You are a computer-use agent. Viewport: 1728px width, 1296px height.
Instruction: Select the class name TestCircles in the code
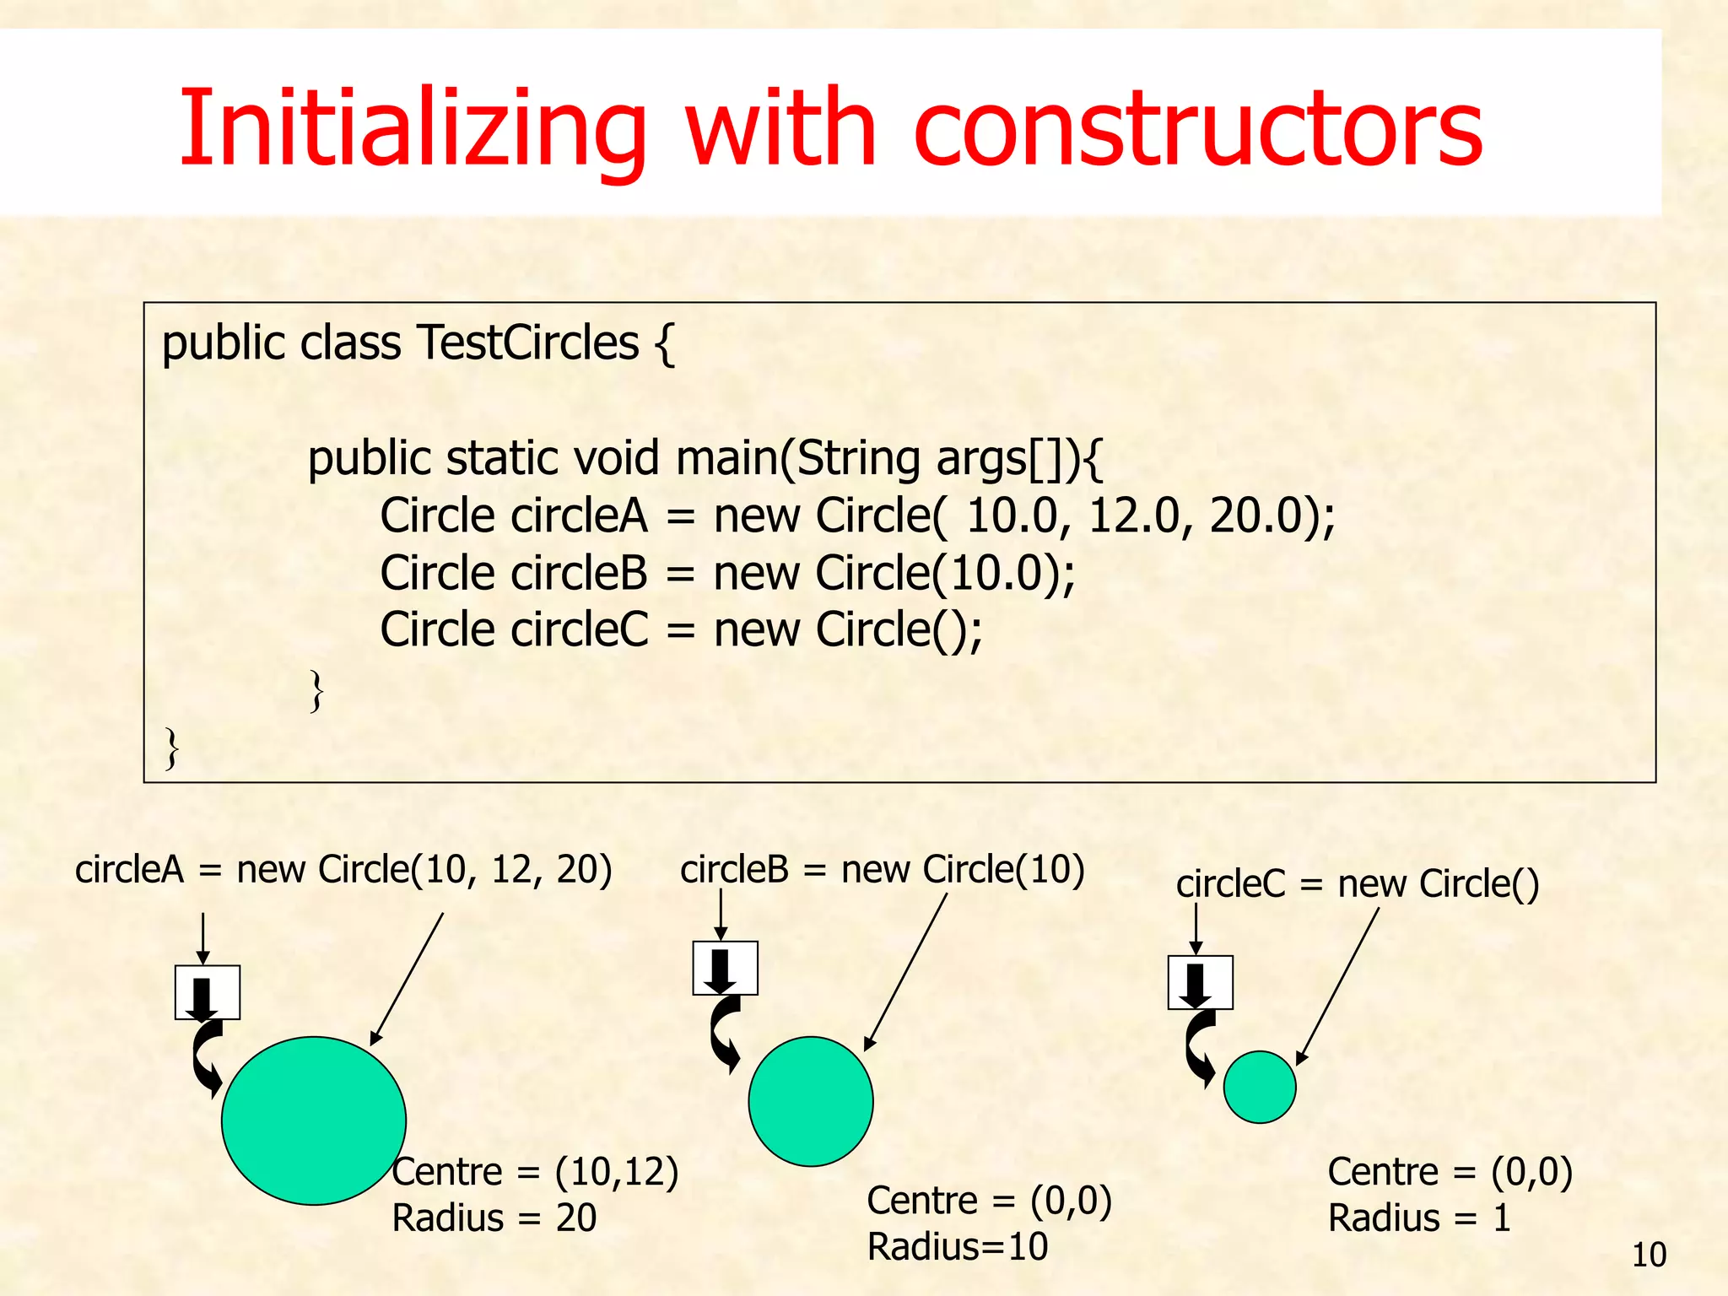click(527, 343)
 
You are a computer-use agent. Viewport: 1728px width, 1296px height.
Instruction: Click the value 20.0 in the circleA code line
click(1262, 516)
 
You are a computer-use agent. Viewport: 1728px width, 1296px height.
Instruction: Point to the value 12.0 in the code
click(1133, 516)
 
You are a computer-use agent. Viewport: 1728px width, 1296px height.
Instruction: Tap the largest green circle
click(314, 1120)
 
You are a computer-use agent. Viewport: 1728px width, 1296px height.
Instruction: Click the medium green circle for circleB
click(810, 1101)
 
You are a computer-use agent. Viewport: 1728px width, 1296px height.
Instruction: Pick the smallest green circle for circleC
click(1259, 1087)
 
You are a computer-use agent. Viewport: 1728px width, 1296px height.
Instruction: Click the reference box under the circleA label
click(208, 992)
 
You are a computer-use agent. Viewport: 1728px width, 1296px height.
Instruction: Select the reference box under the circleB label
click(725, 968)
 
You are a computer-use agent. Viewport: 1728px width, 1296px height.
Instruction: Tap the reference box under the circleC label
click(1200, 982)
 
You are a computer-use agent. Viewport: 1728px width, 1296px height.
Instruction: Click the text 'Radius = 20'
click(494, 1218)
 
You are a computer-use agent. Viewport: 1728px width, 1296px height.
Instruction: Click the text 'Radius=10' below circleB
click(957, 1246)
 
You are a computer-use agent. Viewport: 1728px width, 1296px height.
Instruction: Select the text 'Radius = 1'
click(1418, 1218)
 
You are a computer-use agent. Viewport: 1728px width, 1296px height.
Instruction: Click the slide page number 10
click(1649, 1255)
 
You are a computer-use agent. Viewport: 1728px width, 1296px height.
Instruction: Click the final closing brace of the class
click(172, 748)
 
